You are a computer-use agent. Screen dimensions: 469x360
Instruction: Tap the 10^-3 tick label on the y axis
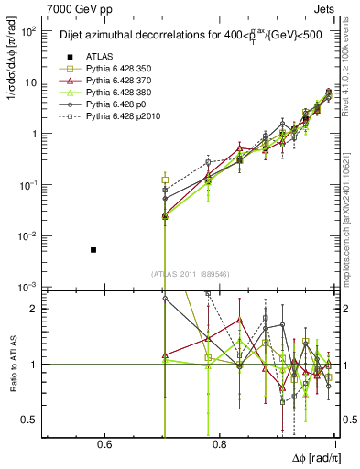pos(29,287)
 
